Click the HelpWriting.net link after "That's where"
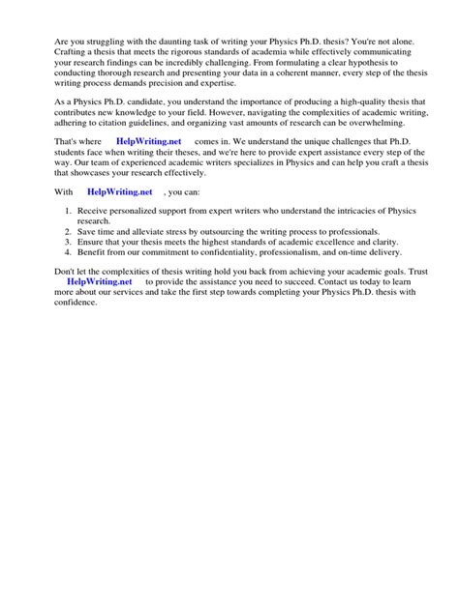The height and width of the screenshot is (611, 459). [148, 141]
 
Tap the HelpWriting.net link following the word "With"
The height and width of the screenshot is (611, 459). [120, 191]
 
